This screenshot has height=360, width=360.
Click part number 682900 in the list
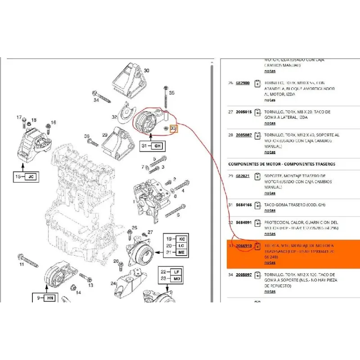click(x=242, y=83)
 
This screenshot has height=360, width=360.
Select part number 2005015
click(x=243, y=112)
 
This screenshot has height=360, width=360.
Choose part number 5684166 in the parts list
click(x=243, y=205)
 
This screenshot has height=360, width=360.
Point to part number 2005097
click(x=243, y=274)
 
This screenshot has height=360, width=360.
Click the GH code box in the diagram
click(x=157, y=146)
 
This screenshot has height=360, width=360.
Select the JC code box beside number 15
click(x=31, y=177)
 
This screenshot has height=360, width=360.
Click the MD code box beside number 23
click(x=175, y=279)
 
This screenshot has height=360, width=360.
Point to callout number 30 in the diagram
click(x=146, y=71)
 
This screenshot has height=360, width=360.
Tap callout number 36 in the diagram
click(x=87, y=136)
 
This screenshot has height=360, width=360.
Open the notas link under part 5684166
click(x=270, y=211)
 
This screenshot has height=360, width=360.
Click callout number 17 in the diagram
click(x=19, y=117)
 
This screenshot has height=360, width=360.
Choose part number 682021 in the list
click(x=242, y=176)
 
